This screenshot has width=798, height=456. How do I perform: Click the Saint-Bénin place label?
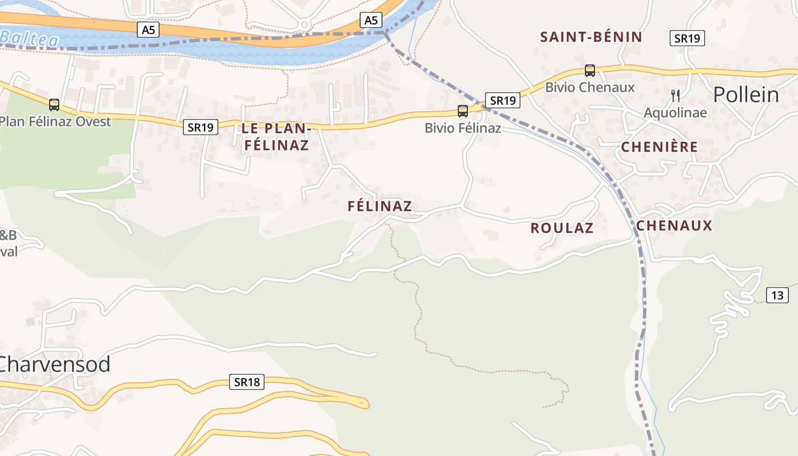591,37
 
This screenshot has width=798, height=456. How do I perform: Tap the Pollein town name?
746,95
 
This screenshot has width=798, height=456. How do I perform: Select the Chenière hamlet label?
659,147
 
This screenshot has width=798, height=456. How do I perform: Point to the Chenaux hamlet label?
674,226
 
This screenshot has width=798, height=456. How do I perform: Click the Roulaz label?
562,228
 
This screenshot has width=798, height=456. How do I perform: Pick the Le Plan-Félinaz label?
276,137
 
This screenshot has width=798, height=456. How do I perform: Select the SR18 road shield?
247,382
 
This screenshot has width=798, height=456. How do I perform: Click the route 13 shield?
777,295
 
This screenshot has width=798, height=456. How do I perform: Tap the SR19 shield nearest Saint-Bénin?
687,38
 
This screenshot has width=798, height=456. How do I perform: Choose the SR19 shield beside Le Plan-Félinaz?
201,127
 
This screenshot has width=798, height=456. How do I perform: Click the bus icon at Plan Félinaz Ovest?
54,105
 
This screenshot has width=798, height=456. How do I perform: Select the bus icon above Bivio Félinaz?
463,111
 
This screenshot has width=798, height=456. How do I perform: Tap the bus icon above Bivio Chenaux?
590,71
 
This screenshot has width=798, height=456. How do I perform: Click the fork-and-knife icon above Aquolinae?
675,95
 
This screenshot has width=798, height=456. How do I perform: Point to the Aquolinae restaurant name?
675,113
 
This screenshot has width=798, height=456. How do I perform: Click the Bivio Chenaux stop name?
590,87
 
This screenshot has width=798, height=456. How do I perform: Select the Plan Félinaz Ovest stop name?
55,121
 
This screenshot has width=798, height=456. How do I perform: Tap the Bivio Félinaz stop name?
463,128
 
